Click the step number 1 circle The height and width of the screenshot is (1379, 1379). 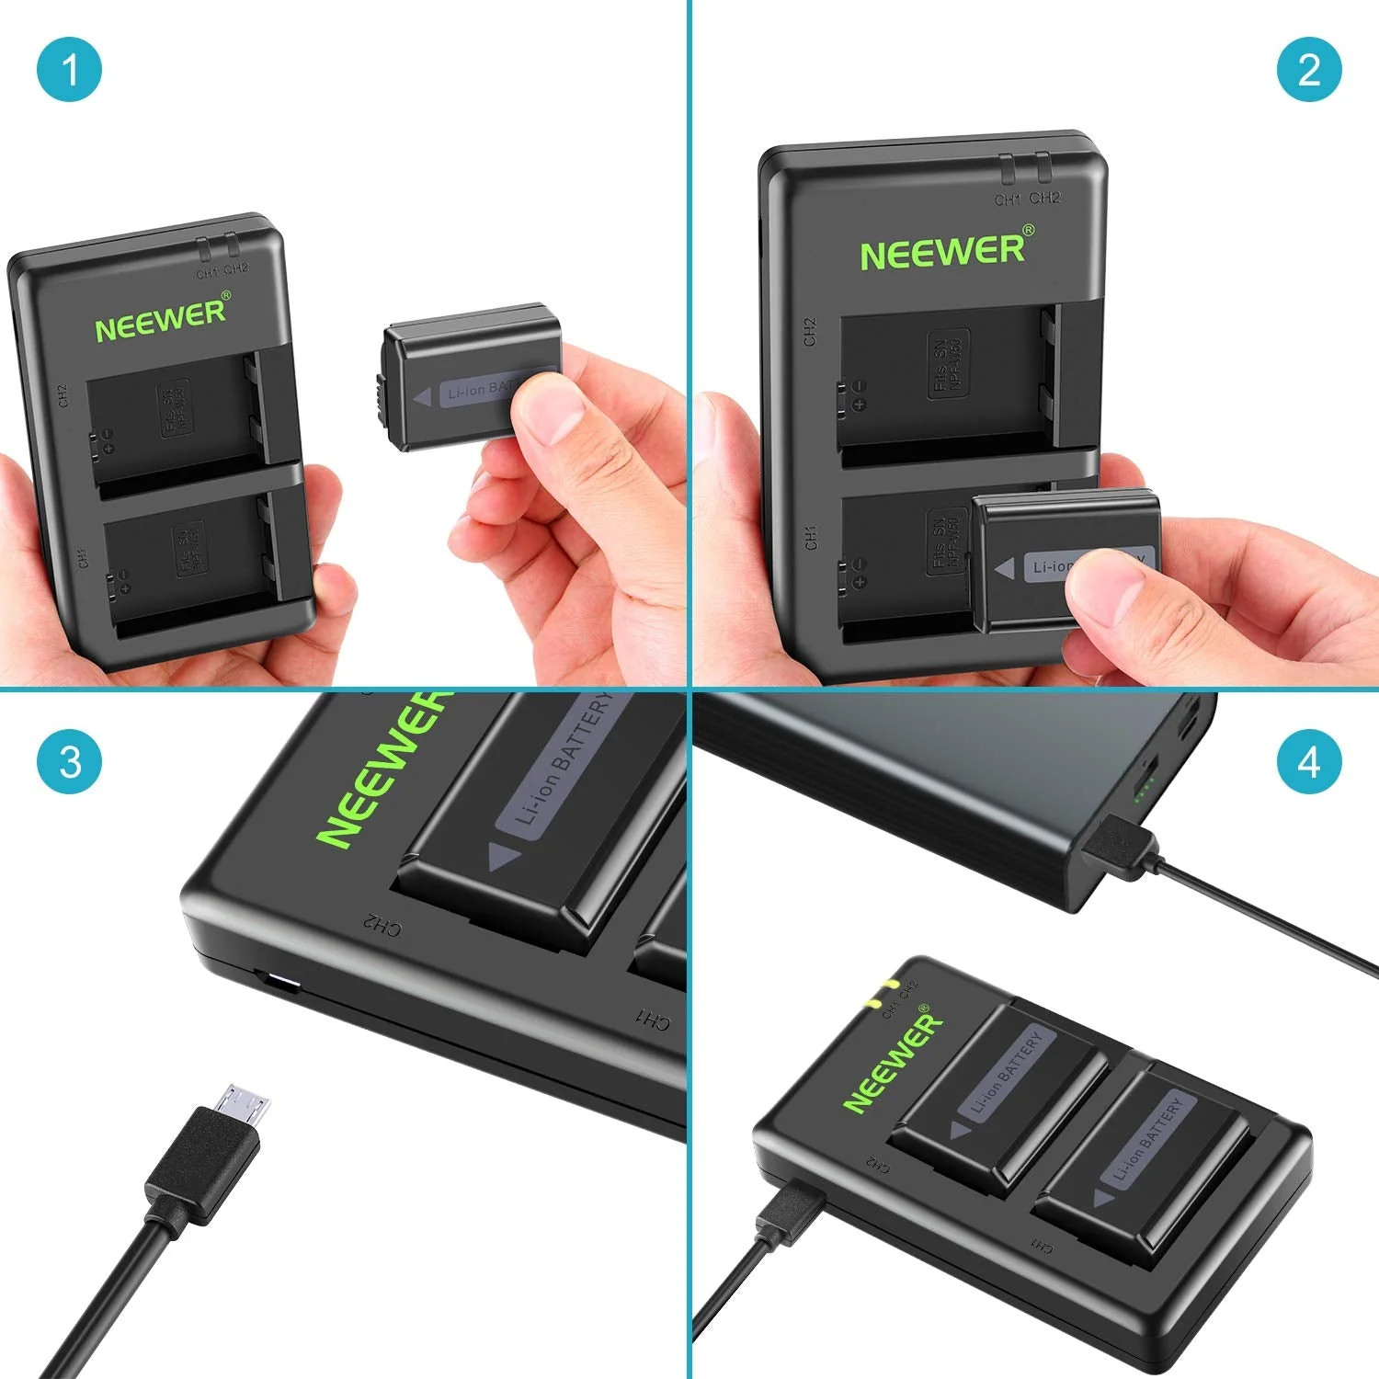point(69,70)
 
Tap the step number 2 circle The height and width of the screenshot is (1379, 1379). point(1309,70)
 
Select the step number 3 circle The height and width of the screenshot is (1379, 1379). point(69,762)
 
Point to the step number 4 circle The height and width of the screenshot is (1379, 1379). point(1309,762)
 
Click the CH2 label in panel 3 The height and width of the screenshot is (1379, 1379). point(382,925)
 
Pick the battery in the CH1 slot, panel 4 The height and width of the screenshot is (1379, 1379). point(1145,1158)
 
